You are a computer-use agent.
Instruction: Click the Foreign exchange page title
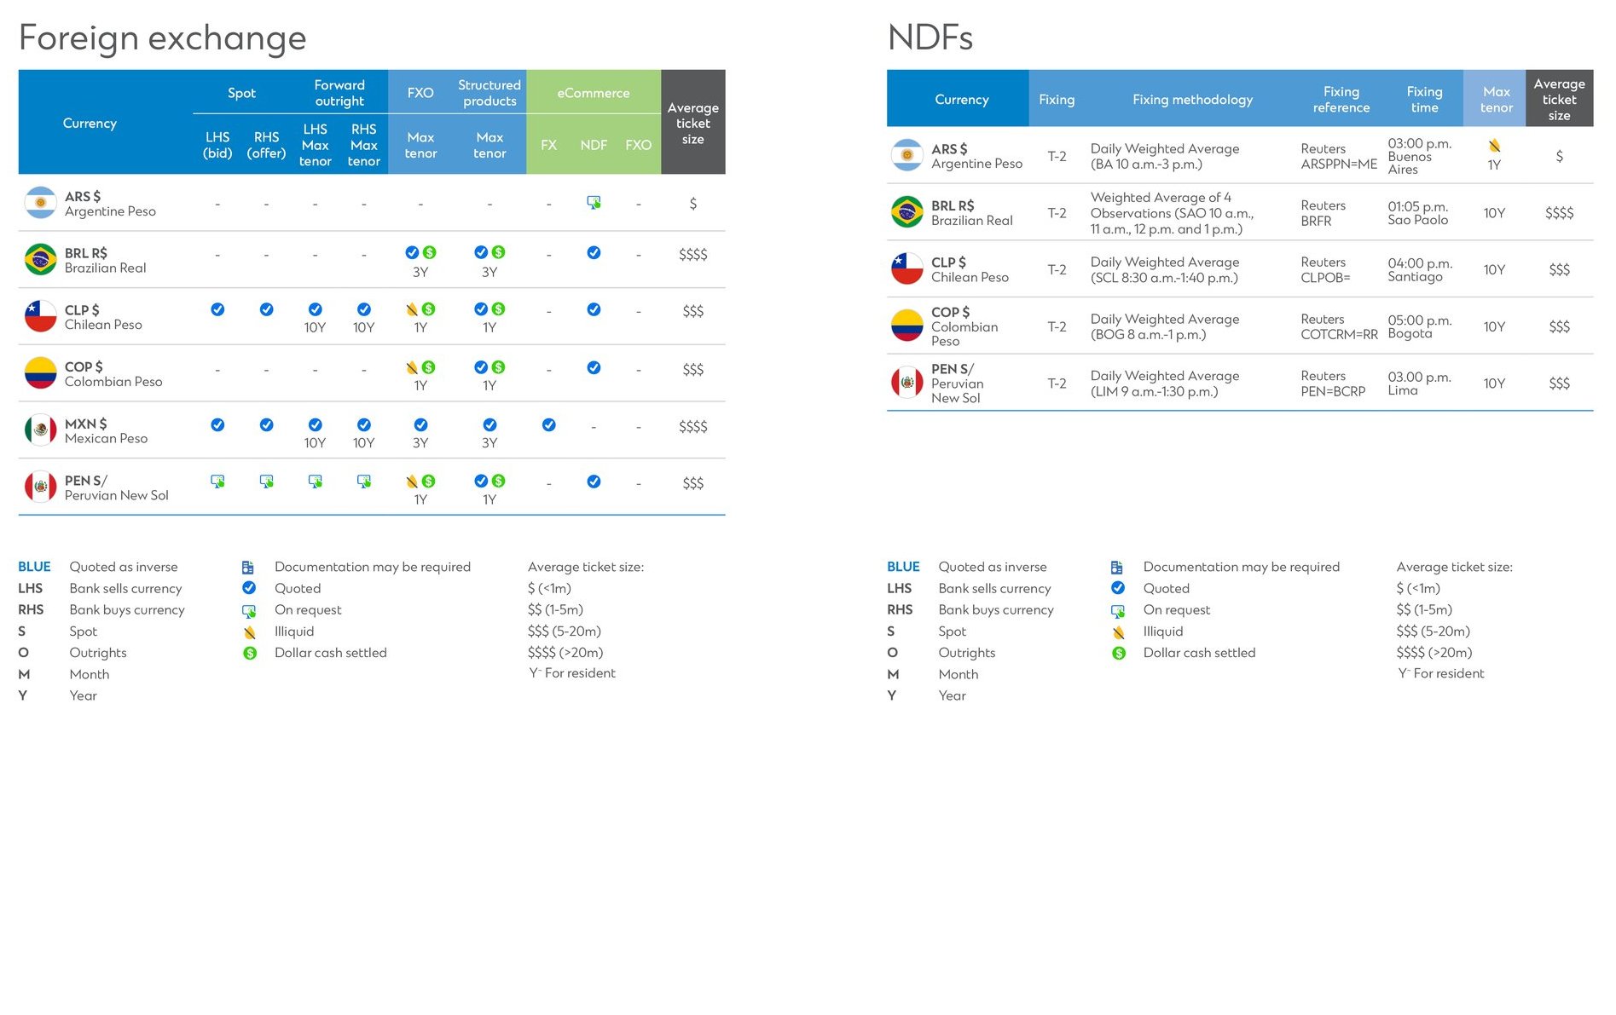162,38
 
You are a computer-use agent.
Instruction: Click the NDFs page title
930,38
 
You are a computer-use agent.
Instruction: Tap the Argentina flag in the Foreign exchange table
40,203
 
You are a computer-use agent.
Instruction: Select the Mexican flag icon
40,430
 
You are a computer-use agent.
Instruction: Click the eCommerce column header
593,93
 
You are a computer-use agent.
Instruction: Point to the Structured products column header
489,93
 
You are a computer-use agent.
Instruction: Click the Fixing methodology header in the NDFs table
1192,100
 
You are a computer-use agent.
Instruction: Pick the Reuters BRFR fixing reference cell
1323,213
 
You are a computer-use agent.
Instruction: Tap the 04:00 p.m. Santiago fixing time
1419,269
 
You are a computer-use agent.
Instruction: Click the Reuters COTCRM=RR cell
1338,326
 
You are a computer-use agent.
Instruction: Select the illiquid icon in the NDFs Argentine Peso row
1494,146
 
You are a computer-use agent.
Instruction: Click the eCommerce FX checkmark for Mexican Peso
548,424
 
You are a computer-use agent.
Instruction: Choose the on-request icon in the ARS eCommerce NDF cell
594,203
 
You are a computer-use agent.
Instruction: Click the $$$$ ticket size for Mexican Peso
692,426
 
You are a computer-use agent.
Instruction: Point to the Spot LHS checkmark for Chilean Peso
217,309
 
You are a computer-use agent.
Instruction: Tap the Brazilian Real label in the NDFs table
971,221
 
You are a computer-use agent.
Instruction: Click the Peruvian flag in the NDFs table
906,383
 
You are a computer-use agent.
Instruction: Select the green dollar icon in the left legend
249,653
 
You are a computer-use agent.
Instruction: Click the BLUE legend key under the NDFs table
903,567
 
